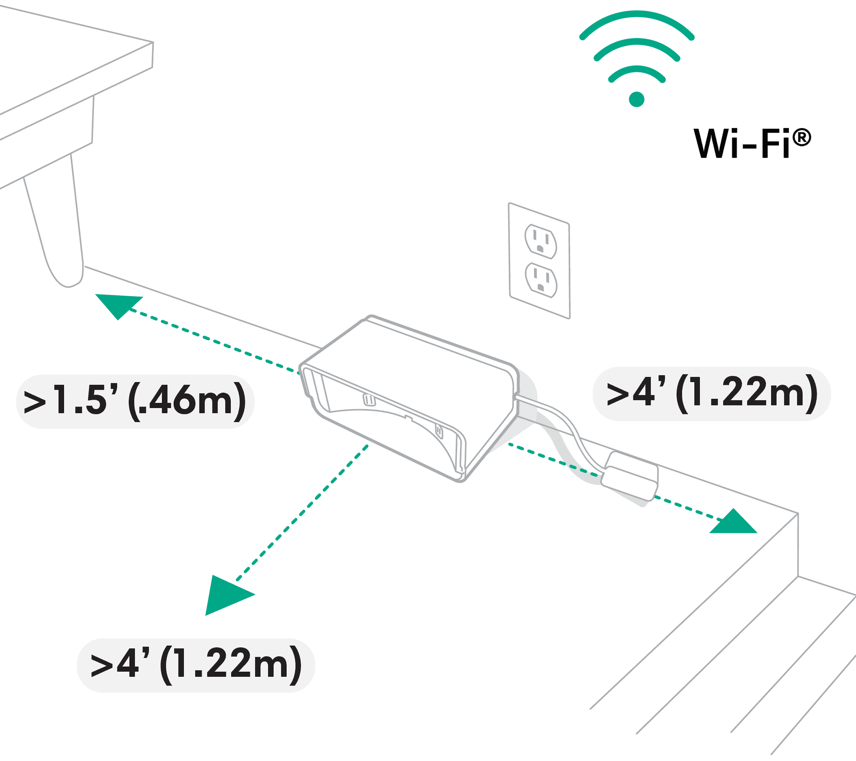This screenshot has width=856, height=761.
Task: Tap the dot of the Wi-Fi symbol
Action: [636, 99]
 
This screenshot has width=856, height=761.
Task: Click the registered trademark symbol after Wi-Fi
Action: [801, 138]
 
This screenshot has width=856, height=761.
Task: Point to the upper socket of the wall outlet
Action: [541, 241]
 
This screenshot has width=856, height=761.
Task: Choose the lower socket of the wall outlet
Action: [541, 280]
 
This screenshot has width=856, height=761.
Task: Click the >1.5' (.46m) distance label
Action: [135, 401]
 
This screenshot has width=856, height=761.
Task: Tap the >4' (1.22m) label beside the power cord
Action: [711, 394]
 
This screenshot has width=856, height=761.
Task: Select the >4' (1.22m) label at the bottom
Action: [196, 665]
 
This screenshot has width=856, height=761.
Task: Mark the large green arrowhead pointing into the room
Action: [226, 595]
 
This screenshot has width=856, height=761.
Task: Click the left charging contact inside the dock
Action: [369, 400]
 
